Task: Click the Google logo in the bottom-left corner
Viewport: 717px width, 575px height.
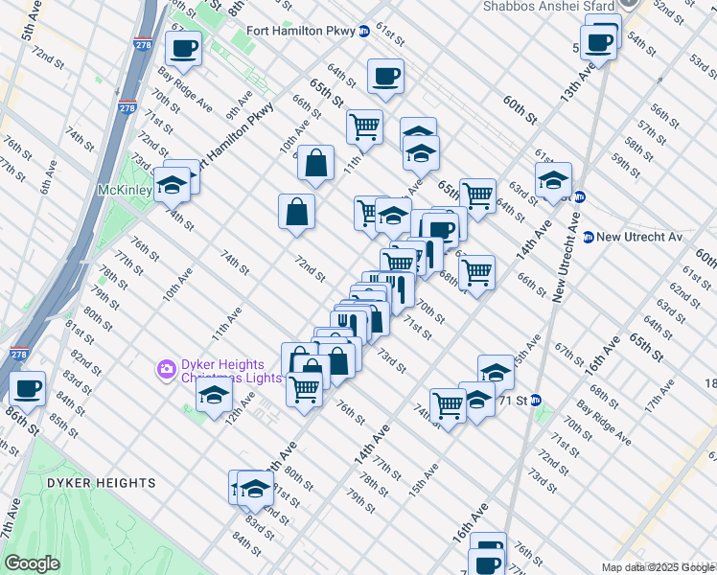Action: click(x=32, y=563)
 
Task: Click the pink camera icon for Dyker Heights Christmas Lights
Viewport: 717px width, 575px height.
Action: click(x=166, y=368)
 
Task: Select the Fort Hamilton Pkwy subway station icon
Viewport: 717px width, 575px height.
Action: click(x=363, y=30)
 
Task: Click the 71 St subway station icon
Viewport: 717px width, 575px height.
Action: click(x=536, y=400)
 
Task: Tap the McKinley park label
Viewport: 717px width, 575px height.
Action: click(x=125, y=190)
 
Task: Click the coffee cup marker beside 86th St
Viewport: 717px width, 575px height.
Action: click(x=28, y=388)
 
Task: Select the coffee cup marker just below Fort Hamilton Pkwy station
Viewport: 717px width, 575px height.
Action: click(x=385, y=76)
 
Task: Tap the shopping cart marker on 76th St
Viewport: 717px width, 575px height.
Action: click(x=304, y=388)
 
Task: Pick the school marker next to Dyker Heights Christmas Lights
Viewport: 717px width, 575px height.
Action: click(x=214, y=394)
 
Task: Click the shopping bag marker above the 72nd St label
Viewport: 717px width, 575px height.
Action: click(x=297, y=211)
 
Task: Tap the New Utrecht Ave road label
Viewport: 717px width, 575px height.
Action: click(x=567, y=256)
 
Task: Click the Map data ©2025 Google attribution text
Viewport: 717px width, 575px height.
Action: click(x=657, y=568)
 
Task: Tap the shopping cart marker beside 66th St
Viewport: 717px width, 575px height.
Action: click(x=476, y=271)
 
